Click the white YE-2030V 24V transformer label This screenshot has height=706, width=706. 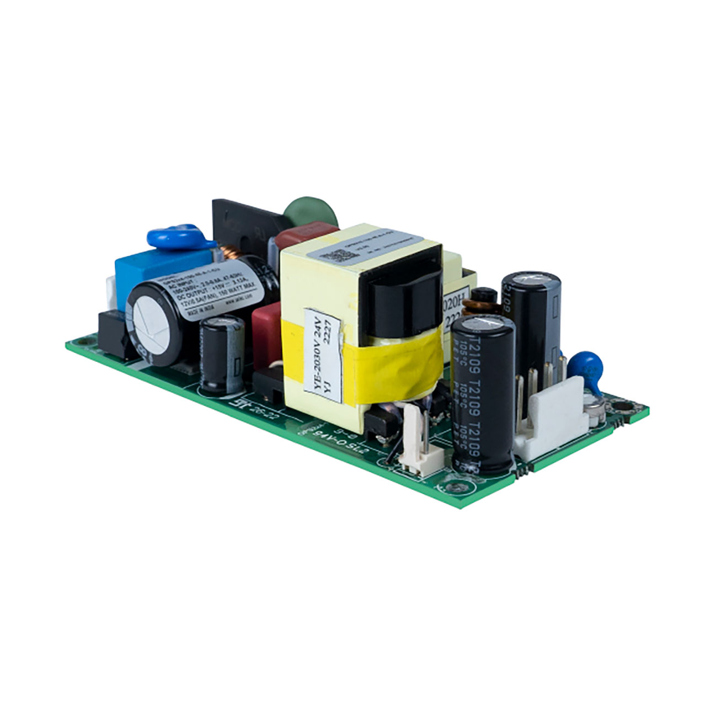click(x=324, y=353)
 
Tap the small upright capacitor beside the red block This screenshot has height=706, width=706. click(x=222, y=353)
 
